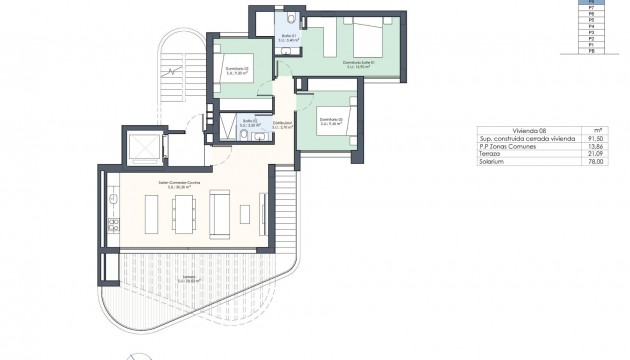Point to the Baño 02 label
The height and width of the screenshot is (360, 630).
click(252, 124)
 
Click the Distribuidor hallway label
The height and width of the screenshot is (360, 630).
click(282, 125)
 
